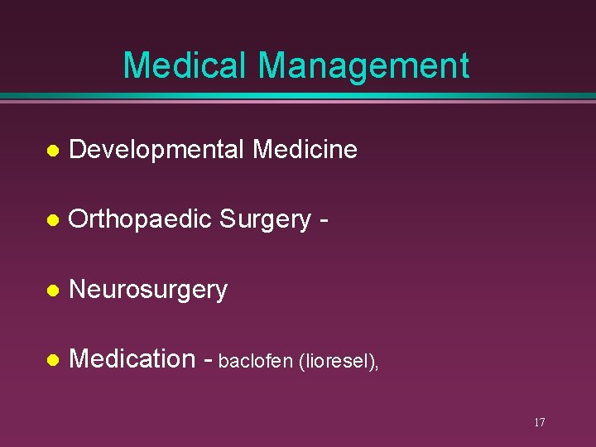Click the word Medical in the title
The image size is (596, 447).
185,65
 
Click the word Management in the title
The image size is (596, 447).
363,65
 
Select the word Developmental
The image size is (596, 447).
157,150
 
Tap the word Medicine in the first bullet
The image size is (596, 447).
305,150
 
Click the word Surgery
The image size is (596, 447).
265,219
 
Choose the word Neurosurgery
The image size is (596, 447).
148,290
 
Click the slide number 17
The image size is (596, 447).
539,423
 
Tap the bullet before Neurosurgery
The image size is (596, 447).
52,291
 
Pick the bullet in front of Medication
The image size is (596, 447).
52,360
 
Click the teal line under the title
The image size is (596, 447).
298,96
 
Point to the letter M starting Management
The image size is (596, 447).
273,65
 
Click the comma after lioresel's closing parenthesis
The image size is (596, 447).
377,366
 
